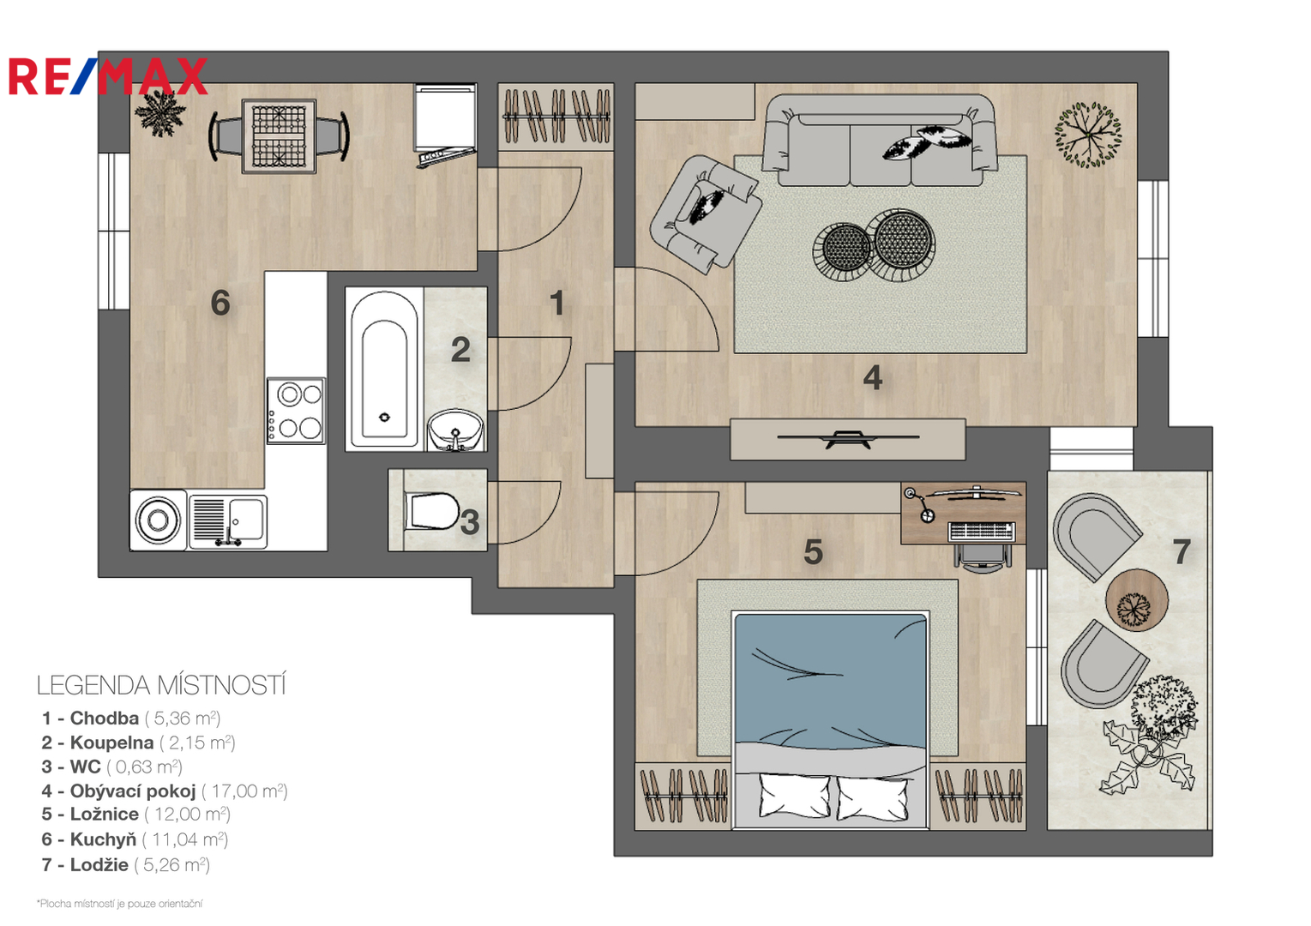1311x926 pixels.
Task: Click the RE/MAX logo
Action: tap(108, 76)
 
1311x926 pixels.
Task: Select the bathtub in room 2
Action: tap(384, 370)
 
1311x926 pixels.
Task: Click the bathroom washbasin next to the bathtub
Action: tap(455, 430)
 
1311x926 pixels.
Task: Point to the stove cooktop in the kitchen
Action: tap(296, 411)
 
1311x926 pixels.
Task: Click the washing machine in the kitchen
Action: tap(158, 520)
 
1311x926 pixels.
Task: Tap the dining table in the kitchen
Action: tap(280, 136)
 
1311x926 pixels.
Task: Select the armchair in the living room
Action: tap(706, 213)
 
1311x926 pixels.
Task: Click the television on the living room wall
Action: tap(848, 438)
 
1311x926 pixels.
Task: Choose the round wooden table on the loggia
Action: tap(1137, 600)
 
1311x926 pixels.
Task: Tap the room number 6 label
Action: tap(220, 303)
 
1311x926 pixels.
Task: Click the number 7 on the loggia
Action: tap(1182, 551)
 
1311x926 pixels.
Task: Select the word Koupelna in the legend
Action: tap(111, 743)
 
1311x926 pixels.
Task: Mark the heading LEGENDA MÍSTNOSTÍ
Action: tap(161, 685)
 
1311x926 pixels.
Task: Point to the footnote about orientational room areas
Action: tap(119, 904)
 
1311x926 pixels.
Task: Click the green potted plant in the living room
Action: tap(1088, 135)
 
